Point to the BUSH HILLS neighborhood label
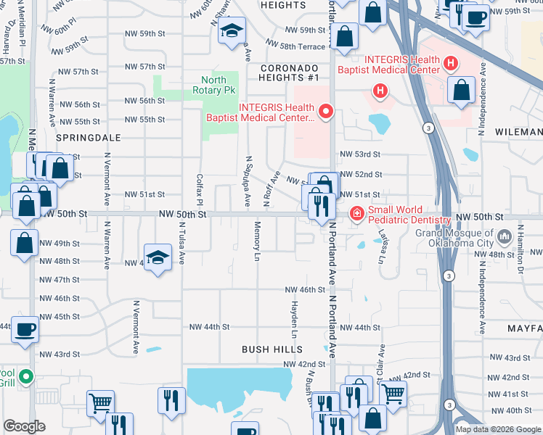pyautogui.click(x=271, y=349)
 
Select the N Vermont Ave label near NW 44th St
pyautogui.click(x=136, y=326)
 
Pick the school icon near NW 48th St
pyautogui.click(x=158, y=257)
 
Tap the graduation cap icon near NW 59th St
pyautogui.click(x=232, y=30)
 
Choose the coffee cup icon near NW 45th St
pyautogui.click(x=24, y=329)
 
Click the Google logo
pyautogui.click(x=25, y=426)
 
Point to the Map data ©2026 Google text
pyautogui.click(x=497, y=429)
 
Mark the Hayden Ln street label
pyautogui.click(x=295, y=320)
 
